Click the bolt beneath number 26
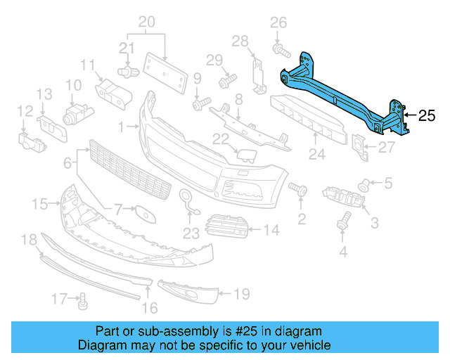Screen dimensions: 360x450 tap(279, 50)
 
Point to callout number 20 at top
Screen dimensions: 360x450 tap(146, 21)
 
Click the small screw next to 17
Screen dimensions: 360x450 tap(82, 302)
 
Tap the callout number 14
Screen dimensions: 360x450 tap(271, 229)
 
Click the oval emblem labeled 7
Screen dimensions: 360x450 tap(145, 211)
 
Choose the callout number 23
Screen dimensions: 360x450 tap(191, 233)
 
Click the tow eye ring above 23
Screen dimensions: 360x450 tap(186, 199)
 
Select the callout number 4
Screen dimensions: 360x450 tap(344, 251)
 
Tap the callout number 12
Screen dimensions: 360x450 tap(25, 111)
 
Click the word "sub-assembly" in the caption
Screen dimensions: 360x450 tap(179, 331)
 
